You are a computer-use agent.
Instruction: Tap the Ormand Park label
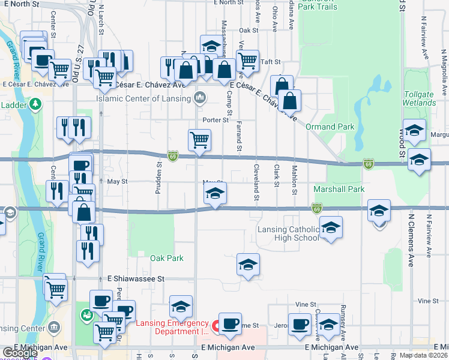click(x=330, y=127)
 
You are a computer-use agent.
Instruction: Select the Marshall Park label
click(x=339, y=189)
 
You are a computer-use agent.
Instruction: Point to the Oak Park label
click(x=166, y=258)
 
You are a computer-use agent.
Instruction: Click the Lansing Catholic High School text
click(x=288, y=233)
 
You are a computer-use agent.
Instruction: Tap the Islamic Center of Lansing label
click(x=144, y=98)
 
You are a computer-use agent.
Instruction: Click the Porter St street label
click(x=216, y=120)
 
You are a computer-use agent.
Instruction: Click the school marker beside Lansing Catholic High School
click(x=330, y=229)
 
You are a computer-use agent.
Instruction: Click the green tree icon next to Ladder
click(x=36, y=104)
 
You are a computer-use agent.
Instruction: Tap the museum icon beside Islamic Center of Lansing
click(x=199, y=98)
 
